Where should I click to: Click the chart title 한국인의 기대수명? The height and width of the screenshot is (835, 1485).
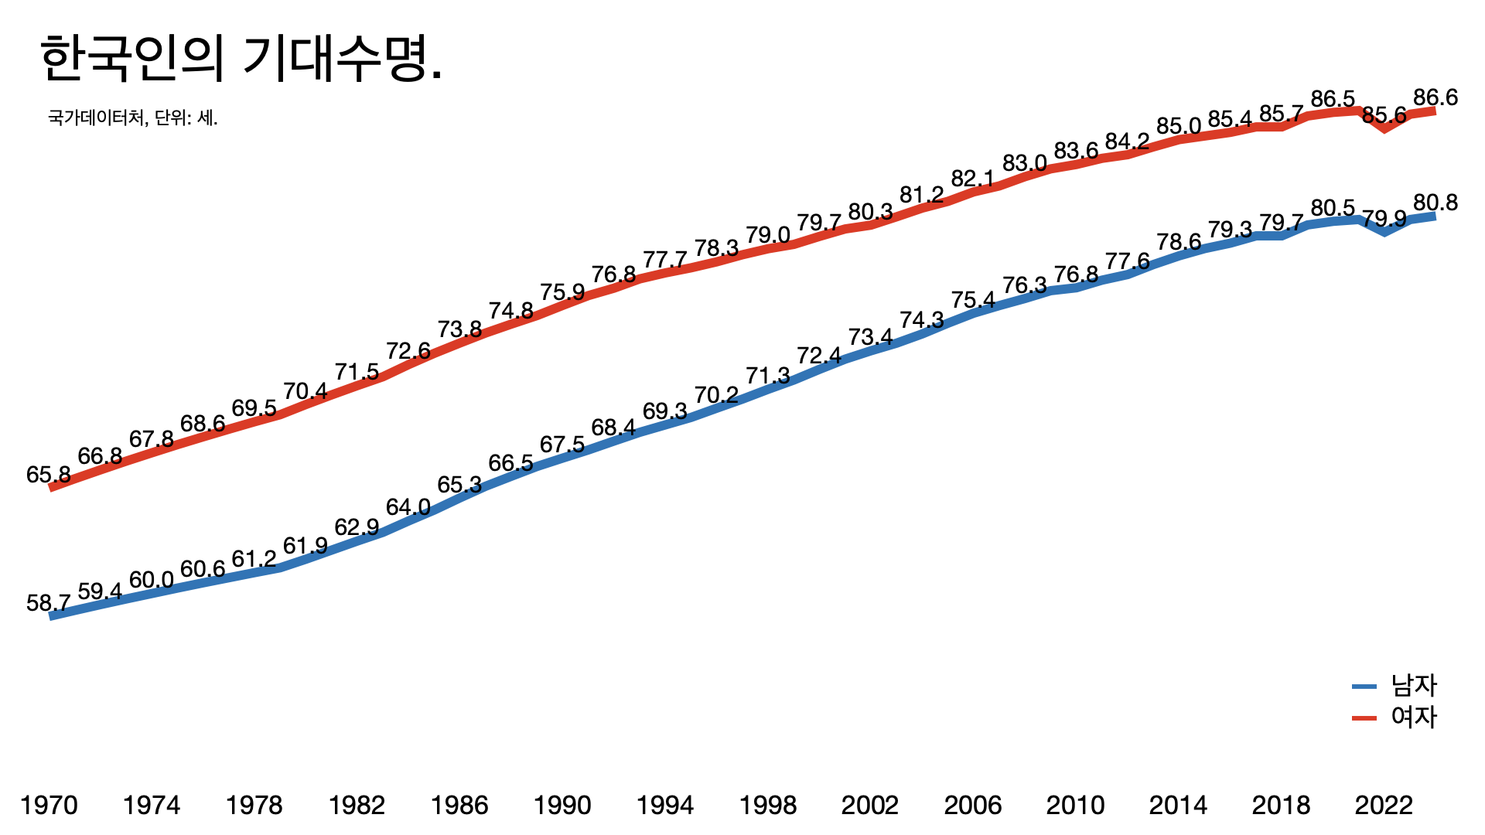pyautogui.click(x=241, y=59)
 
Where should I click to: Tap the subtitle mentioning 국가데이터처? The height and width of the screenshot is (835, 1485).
pyautogui.click(x=133, y=118)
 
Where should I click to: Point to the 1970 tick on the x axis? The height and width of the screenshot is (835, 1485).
pyautogui.click(x=49, y=806)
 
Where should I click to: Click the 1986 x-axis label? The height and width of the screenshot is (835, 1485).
pyautogui.click(x=459, y=806)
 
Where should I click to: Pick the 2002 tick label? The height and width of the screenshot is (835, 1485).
pyautogui.click(x=870, y=806)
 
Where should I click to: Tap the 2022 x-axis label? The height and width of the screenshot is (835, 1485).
pyautogui.click(x=1384, y=806)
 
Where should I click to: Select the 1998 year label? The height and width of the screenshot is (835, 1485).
pyautogui.click(x=767, y=806)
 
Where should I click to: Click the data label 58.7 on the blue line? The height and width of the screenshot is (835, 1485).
pyautogui.click(x=48, y=602)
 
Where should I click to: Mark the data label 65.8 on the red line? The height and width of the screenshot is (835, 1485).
pyautogui.click(x=48, y=474)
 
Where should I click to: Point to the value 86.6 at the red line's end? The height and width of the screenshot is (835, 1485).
pyautogui.click(x=1435, y=97)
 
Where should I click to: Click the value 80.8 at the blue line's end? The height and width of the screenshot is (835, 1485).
pyautogui.click(x=1435, y=203)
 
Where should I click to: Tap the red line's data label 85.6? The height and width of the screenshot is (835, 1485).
pyautogui.click(x=1384, y=115)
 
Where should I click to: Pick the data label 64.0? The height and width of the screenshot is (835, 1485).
pyautogui.click(x=408, y=507)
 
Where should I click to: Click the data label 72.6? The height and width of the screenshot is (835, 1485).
pyautogui.click(x=408, y=351)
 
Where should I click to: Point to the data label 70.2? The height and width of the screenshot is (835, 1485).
pyautogui.click(x=716, y=395)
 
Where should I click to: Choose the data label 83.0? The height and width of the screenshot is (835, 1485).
pyautogui.click(x=1024, y=163)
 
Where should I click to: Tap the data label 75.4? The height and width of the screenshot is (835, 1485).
pyautogui.click(x=973, y=299)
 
